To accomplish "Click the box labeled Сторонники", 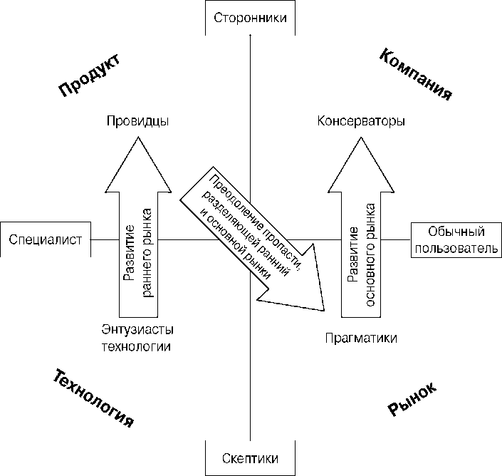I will pos(250,17).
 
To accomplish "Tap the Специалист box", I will pos(46,239).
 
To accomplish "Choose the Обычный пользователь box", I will pos(456,239).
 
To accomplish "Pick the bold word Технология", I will pos(93,398).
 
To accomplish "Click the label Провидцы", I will pos(137,121).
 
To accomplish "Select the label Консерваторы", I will pos(361,121).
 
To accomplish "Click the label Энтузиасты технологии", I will pos(137,338).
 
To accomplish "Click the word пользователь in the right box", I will pos(456,248).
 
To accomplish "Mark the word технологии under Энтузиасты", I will pos(137,346).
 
